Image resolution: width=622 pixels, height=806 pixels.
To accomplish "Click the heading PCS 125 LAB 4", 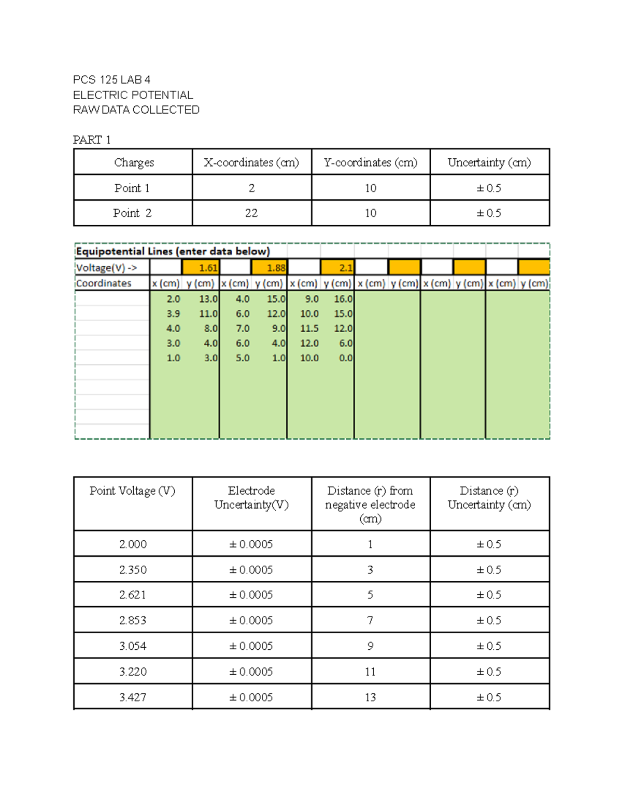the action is point(111,79).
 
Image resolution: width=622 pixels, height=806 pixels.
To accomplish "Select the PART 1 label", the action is point(92,140).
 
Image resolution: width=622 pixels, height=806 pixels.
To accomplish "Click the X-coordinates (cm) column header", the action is point(251,162).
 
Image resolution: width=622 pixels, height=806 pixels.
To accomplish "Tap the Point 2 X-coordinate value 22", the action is point(251,213).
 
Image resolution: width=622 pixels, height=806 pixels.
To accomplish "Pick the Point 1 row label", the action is point(132,188).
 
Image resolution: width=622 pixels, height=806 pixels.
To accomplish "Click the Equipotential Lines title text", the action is point(173,251).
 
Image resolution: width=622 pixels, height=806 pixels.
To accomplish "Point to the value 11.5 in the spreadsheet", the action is point(309,329).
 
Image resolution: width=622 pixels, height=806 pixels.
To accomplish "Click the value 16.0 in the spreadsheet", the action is point(343,299).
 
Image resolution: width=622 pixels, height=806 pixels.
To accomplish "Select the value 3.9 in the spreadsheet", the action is point(173,313).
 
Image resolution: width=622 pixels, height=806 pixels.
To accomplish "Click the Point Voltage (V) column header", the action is point(132,491).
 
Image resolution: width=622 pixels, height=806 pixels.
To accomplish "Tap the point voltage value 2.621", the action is point(132,595).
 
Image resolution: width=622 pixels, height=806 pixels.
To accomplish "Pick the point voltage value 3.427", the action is point(132,697).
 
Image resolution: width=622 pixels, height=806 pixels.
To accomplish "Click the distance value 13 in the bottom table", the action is point(370,697).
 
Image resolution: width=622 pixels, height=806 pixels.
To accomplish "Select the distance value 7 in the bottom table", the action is point(370,620).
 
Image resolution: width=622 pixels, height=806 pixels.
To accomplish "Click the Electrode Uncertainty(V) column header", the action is point(251,498).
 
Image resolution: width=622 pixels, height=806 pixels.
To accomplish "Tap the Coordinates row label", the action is point(104,283).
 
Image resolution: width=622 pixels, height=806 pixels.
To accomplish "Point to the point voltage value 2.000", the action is point(132,544).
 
